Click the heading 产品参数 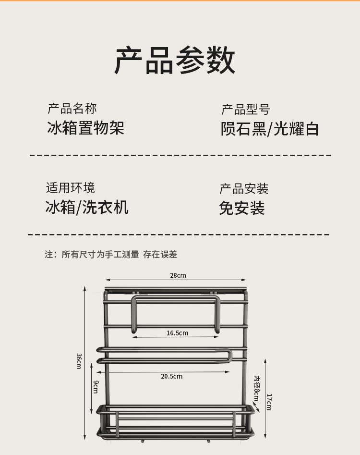click(x=175, y=61)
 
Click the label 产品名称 click(x=72, y=108)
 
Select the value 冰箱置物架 click(x=86, y=128)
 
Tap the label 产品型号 click(x=245, y=110)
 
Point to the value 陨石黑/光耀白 click(x=270, y=129)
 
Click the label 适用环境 click(x=71, y=187)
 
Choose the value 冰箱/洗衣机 click(x=87, y=207)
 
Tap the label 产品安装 click(x=244, y=188)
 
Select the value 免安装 click(x=242, y=208)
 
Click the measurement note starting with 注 click(x=111, y=255)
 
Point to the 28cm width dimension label click(x=178, y=275)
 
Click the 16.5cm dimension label click(x=178, y=333)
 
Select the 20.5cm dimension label click(x=171, y=376)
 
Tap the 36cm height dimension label click(x=78, y=361)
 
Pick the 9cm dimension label click(x=95, y=386)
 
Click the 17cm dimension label click(x=269, y=401)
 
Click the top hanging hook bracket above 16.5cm click(x=176, y=301)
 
